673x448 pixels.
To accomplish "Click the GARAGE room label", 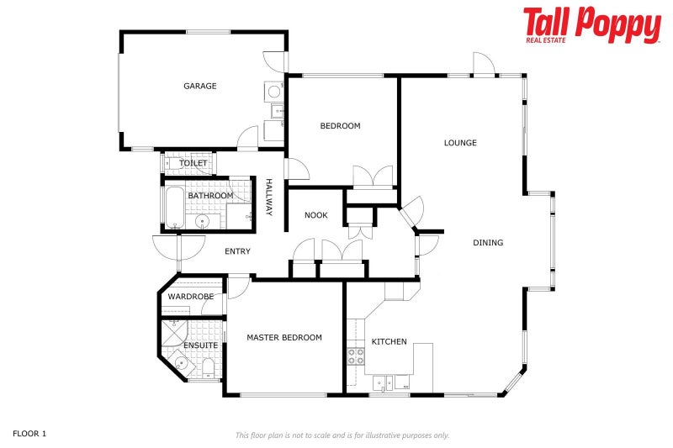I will coord(200,86).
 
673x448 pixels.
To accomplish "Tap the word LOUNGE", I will coord(460,143).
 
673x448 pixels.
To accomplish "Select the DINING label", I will coord(488,243).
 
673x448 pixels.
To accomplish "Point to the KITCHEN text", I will coord(389,342).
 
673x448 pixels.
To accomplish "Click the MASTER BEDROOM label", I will coord(284,338).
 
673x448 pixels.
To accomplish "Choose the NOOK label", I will coord(315,216).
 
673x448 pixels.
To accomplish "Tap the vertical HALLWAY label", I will coord(269,198).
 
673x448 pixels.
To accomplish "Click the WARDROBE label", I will coord(191,297).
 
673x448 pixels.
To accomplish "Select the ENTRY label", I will coord(237,251).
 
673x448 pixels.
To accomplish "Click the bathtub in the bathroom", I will coord(172,208).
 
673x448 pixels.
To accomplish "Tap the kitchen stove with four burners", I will coord(356,356).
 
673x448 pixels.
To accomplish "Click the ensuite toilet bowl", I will coord(208,367).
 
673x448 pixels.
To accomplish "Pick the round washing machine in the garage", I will coord(274,91).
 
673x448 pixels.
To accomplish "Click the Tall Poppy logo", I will coord(591,26).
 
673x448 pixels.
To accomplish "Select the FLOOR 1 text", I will coord(29,434).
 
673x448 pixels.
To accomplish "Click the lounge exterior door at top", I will coord(483,65).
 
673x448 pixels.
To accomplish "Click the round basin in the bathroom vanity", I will coord(202,222).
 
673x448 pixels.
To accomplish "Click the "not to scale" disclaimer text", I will coord(342,435).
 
